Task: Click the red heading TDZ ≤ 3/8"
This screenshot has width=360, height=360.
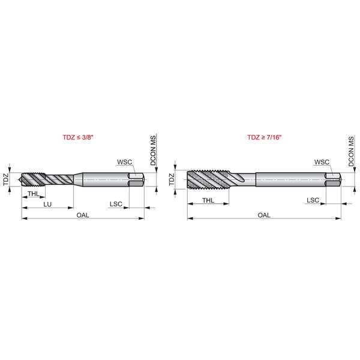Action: (78, 137)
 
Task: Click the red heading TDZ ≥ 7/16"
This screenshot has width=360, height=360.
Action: (264, 137)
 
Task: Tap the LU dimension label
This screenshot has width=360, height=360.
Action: (47, 204)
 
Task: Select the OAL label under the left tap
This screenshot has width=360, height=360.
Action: (83, 215)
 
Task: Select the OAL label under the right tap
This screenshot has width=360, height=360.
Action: (264, 215)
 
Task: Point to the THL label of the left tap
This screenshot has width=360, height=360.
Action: (34, 194)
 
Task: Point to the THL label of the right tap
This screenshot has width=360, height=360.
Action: (208, 200)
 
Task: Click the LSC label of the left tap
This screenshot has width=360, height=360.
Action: (116, 204)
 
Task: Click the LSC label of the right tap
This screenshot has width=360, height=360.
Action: (313, 200)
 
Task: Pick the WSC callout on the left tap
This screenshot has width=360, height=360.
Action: (125, 162)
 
